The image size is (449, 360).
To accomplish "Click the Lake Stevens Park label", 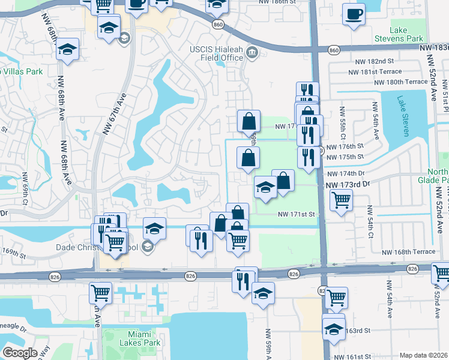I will pos(406,34).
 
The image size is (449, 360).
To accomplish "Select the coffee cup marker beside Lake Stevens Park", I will pos(354,13).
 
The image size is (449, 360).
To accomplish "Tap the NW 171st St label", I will pos(296,214).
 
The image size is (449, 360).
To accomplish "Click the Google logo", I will pos(20,353).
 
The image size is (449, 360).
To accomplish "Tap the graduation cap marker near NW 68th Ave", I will pos(68,49).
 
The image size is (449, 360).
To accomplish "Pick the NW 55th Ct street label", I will pos(342,122).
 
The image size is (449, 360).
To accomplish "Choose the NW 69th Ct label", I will pos(25,187).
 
